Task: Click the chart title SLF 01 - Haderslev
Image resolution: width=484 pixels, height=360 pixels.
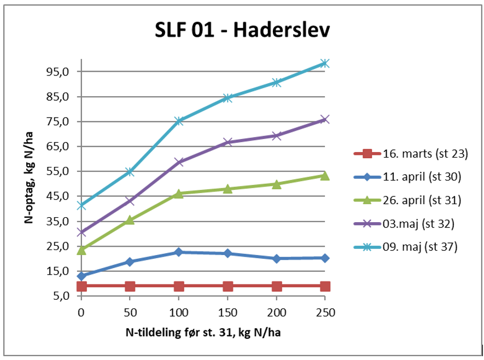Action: pos(242,31)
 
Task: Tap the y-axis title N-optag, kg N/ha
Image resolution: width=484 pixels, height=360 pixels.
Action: pos(27,181)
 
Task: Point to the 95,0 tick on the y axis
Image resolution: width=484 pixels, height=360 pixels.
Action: pos(61,72)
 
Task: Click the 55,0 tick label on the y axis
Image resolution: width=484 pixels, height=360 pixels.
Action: pos(61,171)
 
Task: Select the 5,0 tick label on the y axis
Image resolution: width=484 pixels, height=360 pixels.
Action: pos(63,296)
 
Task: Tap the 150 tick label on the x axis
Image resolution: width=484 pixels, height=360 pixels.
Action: pos(228,312)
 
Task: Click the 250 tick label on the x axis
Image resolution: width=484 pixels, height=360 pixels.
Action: pos(325,312)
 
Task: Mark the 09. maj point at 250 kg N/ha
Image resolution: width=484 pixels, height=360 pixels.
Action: pos(325,63)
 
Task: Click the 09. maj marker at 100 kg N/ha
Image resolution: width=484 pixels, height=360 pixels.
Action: pos(179,121)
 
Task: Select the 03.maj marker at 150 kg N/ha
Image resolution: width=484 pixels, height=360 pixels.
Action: pos(228,142)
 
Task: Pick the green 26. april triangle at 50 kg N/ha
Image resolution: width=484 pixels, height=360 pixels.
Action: pos(130,220)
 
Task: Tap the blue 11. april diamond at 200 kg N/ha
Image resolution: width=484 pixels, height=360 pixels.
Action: pos(276,258)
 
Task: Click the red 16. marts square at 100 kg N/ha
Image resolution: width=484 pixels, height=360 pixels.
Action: pos(179,286)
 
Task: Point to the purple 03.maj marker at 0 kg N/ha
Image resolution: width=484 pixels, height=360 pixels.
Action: pos(81,232)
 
